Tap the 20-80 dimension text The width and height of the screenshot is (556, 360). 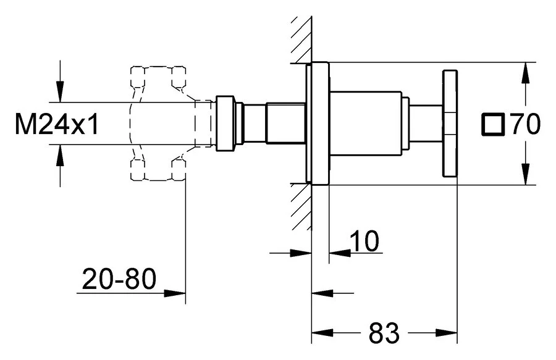coord(119,278)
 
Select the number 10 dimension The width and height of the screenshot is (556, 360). coord(364,241)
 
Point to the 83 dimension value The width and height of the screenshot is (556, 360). coord(384,333)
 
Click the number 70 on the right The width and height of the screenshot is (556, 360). coord(526,124)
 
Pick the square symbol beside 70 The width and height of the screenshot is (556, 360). coord(492,124)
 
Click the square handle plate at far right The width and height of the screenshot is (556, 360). coord(450,123)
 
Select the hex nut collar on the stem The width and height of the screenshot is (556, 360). coord(225,123)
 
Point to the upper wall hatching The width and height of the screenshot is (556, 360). coord(301,40)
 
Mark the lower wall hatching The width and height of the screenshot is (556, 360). coord(301,207)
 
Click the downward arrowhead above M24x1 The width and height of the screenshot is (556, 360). coord(61,92)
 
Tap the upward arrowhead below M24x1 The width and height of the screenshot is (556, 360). coord(61,155)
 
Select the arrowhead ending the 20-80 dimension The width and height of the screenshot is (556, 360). coord(175,293)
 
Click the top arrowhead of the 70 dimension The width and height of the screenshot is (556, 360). coord(526,73)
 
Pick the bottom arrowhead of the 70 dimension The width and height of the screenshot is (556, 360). coord(526,174)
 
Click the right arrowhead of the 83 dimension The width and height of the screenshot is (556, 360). coord(447,333)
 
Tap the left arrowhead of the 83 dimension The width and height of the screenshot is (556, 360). coord(322,333)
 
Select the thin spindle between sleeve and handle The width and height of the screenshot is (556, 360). coord(426,123)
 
